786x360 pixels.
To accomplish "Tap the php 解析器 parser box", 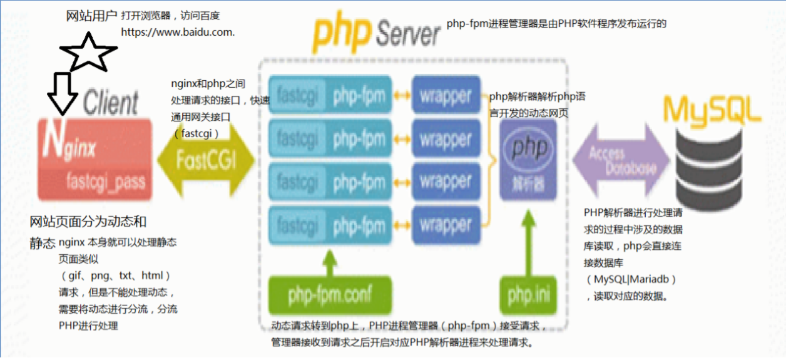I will tap(529, 159).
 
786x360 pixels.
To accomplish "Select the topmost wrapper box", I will tap(446, 96).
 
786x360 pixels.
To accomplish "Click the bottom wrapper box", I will tap(446, 225).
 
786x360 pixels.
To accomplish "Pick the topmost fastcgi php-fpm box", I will tap(331, 96).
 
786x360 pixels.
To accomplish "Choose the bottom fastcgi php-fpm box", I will tap(331, 225).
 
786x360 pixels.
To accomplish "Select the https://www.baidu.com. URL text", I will tap(178, 32).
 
